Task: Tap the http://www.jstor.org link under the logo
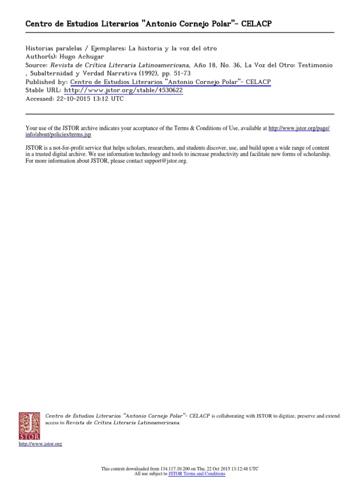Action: point(40,443)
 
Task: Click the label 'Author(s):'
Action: point(40,57)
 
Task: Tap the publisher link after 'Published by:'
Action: point(170,82)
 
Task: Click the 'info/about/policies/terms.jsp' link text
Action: point(58,134)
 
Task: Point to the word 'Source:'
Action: point(35,65)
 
